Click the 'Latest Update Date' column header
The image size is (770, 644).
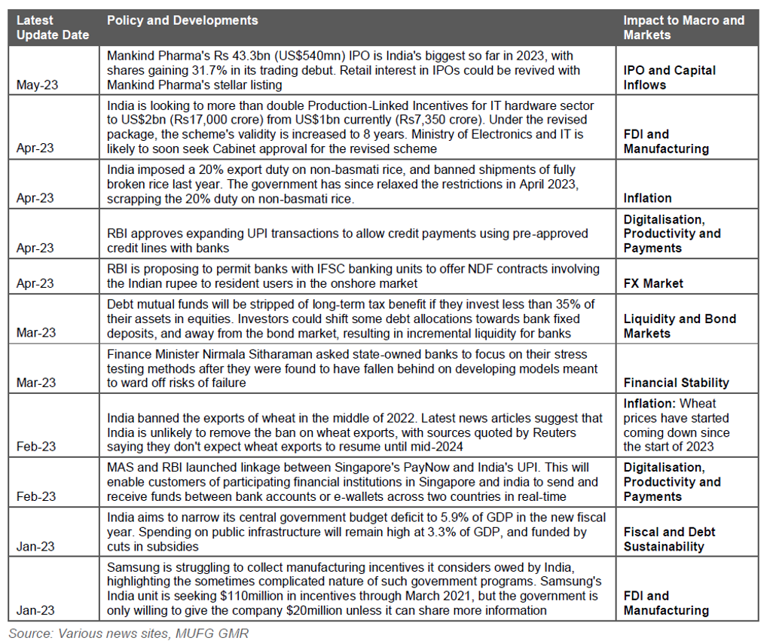52,28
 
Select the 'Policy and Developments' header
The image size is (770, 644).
182,21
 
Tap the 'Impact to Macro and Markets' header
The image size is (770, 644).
683,28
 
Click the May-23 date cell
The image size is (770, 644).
36,85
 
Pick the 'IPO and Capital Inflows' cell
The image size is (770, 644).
670,78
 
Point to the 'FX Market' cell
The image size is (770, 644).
653,283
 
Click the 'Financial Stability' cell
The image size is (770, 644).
676,383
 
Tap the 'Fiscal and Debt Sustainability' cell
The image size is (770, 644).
669,539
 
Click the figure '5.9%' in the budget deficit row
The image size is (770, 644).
445,517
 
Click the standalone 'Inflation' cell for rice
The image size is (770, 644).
647,198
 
